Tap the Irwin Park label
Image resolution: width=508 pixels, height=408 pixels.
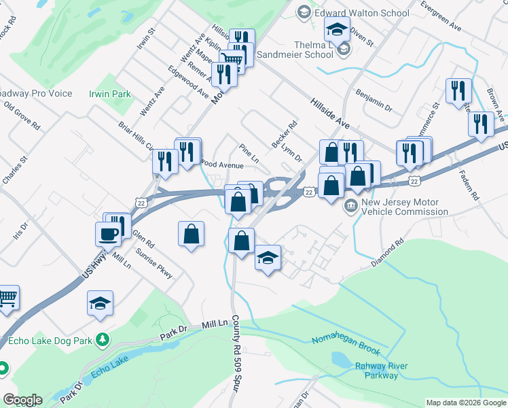click(x=109, y=94)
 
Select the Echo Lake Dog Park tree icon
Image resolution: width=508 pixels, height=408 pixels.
click(x=103, y=339)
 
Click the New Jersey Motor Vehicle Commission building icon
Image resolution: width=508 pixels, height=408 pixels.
click(x=351, y=206)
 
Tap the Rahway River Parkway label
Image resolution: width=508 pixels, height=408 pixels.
click(x=381, y=371)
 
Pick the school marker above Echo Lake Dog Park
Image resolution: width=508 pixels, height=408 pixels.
click(x=100, y=303)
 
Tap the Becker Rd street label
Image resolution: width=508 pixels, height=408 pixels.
click(x=285, y=132)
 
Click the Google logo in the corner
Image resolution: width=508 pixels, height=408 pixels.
click(x=22, y=400)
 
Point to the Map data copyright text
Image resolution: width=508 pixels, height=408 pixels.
click(x=466, y=403)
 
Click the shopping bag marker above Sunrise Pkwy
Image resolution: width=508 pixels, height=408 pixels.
click(x=192, y=235)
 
